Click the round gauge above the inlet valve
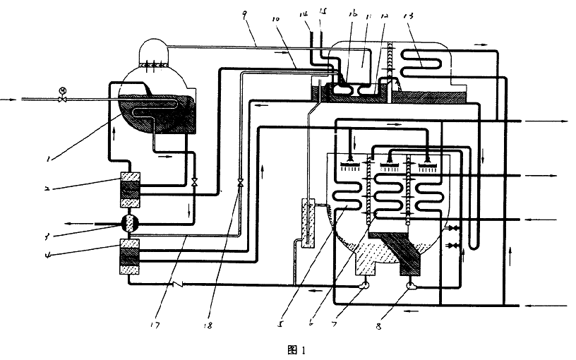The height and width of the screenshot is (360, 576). [63, 90]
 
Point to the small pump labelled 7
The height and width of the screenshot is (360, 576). [365, 286]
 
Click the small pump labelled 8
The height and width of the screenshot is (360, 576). [413, 286]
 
